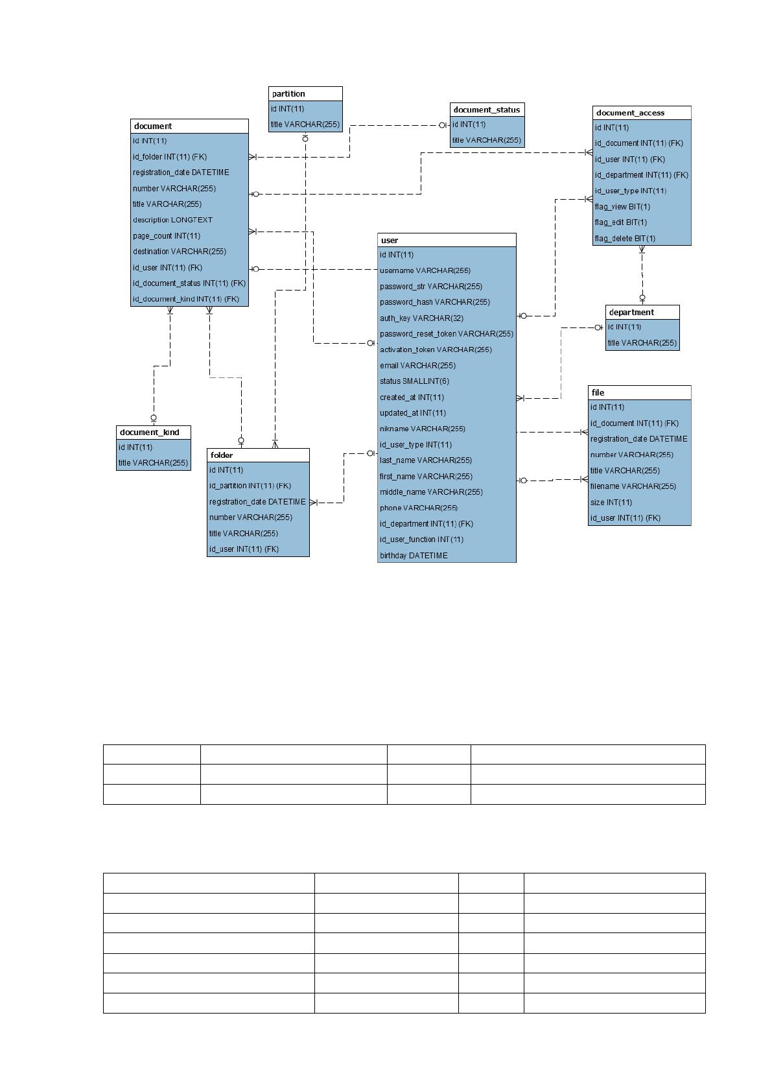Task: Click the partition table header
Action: (288, 93)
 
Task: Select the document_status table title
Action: (486, 110)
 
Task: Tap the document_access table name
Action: (629, 113)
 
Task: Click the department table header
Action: (631, 312)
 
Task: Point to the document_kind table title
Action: (149, 432)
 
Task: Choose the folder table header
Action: (221, 455)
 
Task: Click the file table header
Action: (598, 392)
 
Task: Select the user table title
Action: (389, 240)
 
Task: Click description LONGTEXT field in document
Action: (172, 220)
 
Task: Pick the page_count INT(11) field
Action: (167, 235)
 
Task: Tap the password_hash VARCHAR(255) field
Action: (435, 302)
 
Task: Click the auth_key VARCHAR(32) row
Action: (421, 318)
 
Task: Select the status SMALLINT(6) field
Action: (414, 381)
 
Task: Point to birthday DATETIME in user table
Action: (414, 555)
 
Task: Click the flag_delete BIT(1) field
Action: (625, 239)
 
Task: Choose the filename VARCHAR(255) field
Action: (633, 486)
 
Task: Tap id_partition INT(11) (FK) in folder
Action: (250, 486)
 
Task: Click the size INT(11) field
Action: (611, 502)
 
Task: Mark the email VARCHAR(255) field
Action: (417, 365)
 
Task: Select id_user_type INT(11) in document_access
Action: (630, 191)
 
